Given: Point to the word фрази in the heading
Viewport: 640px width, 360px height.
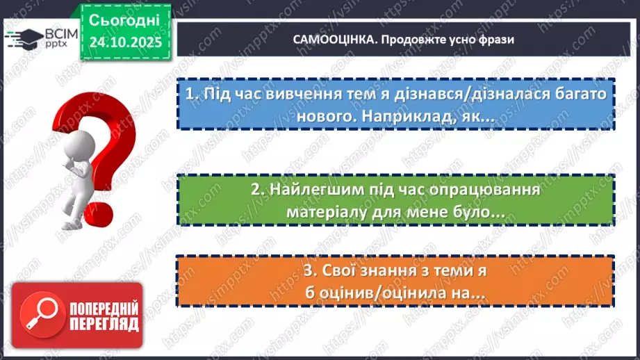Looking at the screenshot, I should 496,40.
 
